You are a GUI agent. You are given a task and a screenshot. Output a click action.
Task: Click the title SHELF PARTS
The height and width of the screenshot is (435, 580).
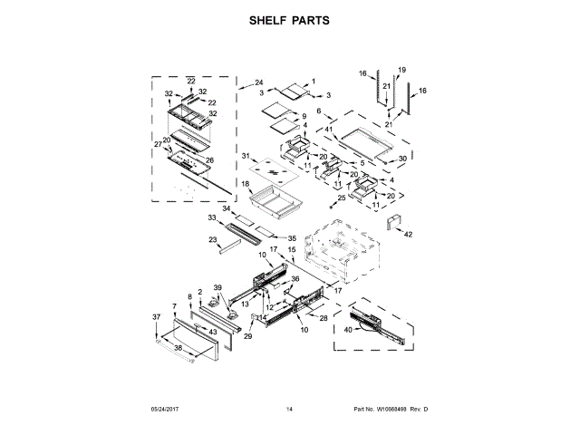(x=290, y=21)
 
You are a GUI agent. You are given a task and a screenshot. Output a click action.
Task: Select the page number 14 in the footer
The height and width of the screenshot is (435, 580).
(x=289, y=410)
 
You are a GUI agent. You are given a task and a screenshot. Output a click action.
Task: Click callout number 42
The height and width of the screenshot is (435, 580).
(x=408, y=234)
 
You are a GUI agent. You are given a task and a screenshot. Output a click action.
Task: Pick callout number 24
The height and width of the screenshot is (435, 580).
(x=258, y=82)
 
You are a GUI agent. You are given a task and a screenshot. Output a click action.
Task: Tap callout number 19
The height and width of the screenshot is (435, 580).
(x=401, y=70)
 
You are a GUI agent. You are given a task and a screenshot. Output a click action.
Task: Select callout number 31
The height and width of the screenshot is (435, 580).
(x=245, y=156)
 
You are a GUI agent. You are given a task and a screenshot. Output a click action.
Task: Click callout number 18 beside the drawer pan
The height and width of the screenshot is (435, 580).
(x=245, y=184)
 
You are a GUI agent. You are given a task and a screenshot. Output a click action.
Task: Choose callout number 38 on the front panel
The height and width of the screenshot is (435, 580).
(x=178, y=348)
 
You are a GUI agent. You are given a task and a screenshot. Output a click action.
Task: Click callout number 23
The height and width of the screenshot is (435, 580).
(x=212, y=239)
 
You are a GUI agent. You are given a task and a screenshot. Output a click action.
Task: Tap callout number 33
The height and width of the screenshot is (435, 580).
(x=211, y=218)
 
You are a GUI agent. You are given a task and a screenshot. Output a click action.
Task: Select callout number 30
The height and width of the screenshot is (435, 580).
(x=402, y=156)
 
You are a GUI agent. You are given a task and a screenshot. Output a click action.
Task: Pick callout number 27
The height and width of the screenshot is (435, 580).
(x=157, y=145)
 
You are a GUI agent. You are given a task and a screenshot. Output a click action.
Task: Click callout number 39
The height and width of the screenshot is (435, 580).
(x=217, y=288)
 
